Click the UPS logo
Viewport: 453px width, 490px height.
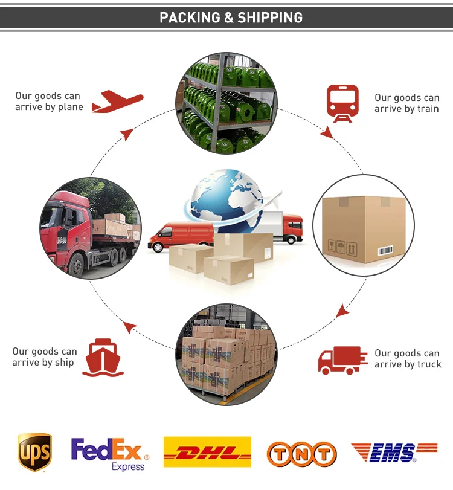(34, 451)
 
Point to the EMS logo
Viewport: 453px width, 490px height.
(394, 452)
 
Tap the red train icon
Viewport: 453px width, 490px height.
(342, 103)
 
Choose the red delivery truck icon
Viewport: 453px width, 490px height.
(342, 359)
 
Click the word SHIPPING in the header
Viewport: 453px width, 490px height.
(270, 18)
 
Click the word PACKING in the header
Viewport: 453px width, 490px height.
(190, 18)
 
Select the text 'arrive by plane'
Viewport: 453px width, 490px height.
(49, 108)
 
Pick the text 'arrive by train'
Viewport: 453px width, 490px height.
(406, 109)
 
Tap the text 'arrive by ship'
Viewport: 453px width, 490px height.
(43, 363)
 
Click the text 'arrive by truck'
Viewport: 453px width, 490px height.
(408, 364)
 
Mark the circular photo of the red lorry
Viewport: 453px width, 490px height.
(91, 228)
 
